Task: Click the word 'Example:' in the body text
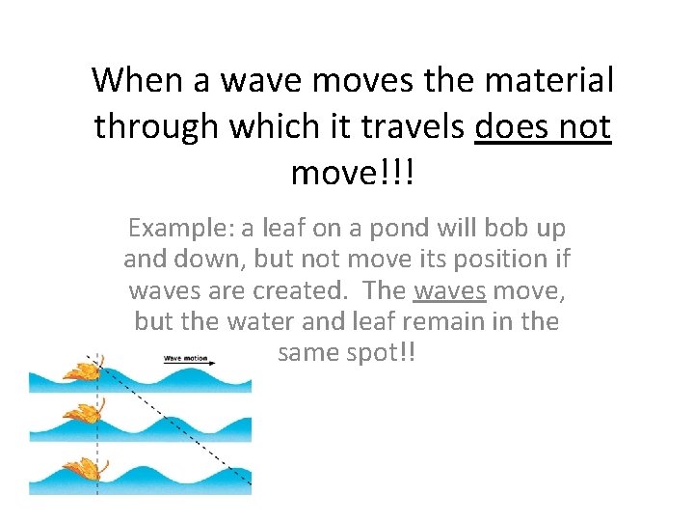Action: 179,229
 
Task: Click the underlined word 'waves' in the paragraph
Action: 449,290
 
